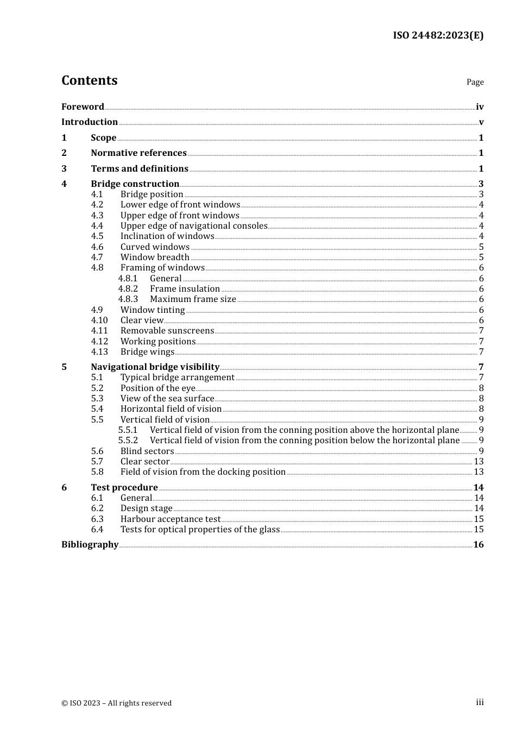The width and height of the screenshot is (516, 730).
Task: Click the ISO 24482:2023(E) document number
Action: [438, 35]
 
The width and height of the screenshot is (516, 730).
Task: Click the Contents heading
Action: [89, 80]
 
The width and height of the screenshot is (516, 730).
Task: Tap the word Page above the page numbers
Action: [475, 82]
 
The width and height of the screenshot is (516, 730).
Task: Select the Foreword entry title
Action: [83, 106]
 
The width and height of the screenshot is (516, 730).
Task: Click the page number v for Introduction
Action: [481, 122]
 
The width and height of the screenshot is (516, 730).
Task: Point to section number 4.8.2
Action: [128, 289]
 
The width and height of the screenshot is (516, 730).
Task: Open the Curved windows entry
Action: [155, 247]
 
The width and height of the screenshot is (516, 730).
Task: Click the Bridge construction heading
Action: [135, 184]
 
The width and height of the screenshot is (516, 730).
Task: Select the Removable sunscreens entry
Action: [167, 331]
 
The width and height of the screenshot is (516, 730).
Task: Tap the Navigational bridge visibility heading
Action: [155, 367]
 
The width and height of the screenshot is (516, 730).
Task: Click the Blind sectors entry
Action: [147, 451]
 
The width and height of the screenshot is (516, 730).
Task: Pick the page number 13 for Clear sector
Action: [479, 462]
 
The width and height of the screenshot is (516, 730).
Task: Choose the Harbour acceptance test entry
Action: [171, 519]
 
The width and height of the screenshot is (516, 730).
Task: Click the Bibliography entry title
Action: [90, 545]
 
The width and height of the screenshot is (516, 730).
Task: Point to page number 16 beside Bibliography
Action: [478, 545]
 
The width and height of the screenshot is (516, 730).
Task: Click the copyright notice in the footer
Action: [116, 703]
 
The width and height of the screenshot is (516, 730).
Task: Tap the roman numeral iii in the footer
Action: [480, 702]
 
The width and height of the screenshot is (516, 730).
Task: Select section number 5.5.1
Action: [128, 430]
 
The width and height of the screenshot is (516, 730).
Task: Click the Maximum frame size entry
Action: [193, 299]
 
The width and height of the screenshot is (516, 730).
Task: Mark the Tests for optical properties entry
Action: [200, 530]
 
